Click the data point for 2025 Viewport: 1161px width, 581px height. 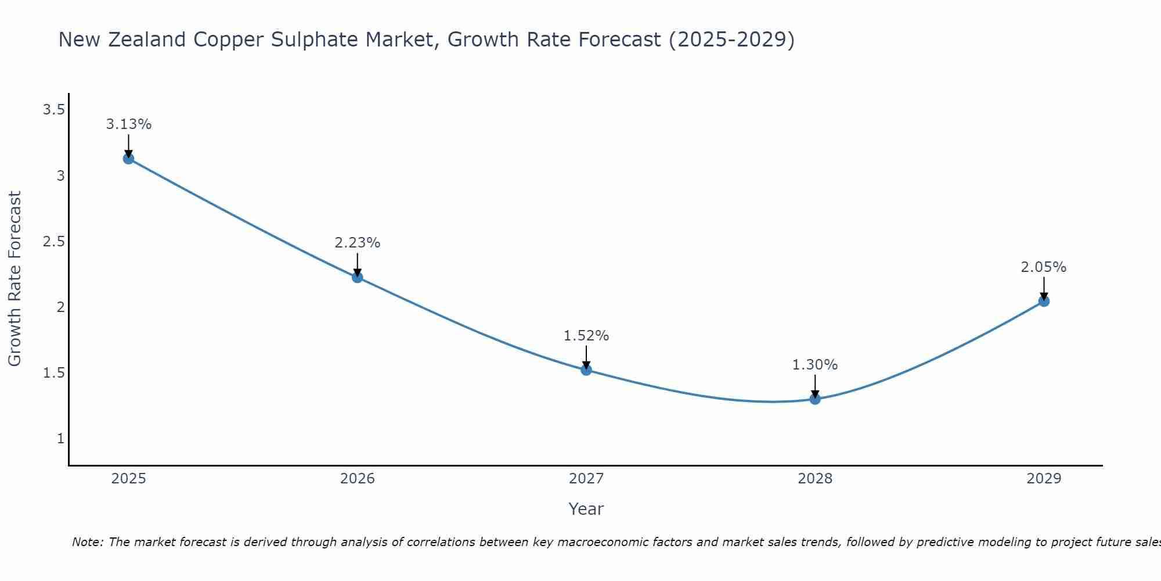point(128,159)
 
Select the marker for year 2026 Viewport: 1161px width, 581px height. point(357,277)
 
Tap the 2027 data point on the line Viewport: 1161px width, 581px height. point(586,370)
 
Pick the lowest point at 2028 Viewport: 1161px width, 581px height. point(815,399)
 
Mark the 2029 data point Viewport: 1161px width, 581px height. point(1044,301)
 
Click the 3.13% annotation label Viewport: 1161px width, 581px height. point(128,124)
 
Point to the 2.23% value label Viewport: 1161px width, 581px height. point(357,243)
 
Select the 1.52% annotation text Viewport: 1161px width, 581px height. point(586,336)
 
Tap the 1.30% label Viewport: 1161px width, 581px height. point(815,365)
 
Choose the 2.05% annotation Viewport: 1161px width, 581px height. point(1044,267)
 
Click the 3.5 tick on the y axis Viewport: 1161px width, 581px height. point(53,109)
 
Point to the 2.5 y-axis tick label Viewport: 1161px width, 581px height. point(53,241)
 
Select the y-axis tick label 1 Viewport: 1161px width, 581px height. point(60,439)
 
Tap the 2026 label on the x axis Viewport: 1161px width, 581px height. point(357,479)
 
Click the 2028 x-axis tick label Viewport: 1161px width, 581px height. point(815,479)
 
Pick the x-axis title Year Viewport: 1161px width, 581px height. point(586,509)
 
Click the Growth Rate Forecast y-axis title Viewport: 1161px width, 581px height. point(15,279)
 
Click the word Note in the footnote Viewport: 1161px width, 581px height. point(86,542)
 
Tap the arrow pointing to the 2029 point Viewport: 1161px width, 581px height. point(1044,288)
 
